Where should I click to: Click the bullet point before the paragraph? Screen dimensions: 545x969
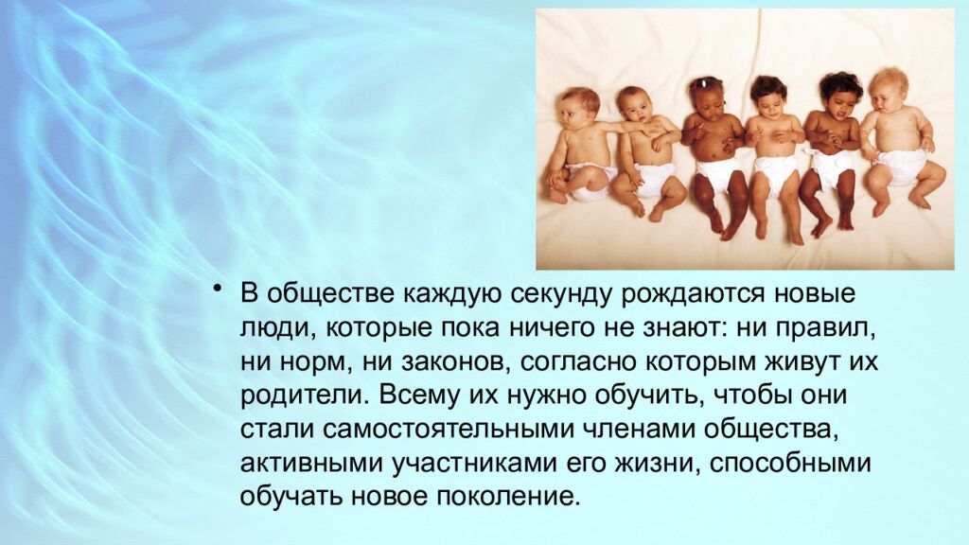click(x=219, y=288)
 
